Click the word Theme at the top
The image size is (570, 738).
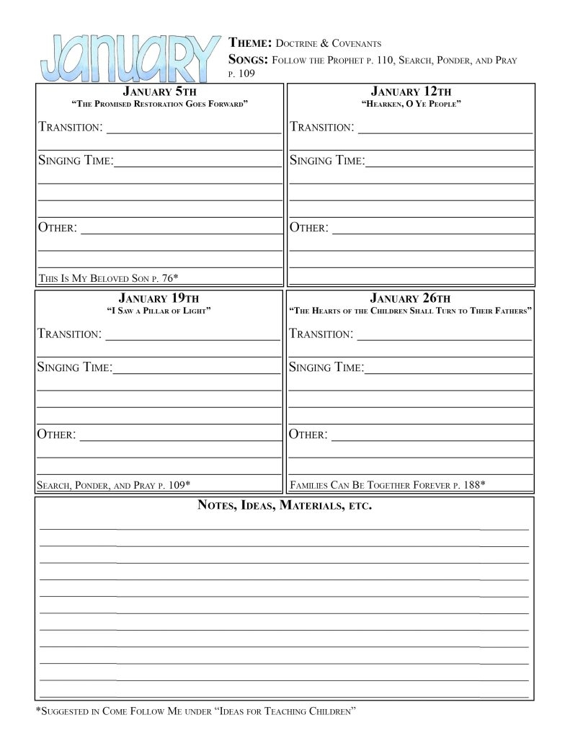[247, 43]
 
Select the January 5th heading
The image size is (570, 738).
[159, 92]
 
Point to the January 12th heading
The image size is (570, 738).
[411, 92]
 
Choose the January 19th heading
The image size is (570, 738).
[159, 298]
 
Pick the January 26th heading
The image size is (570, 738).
[410, 298]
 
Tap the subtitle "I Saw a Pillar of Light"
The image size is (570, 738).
[159, 311]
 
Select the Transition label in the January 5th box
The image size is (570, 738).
[69, 128]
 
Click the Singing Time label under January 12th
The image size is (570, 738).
[327, 161]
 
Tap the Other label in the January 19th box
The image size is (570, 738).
[57, 435]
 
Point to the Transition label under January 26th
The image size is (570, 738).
[321, 334]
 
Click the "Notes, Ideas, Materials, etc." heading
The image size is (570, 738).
[285, 506]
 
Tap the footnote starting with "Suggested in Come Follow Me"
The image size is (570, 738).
[197, 713]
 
